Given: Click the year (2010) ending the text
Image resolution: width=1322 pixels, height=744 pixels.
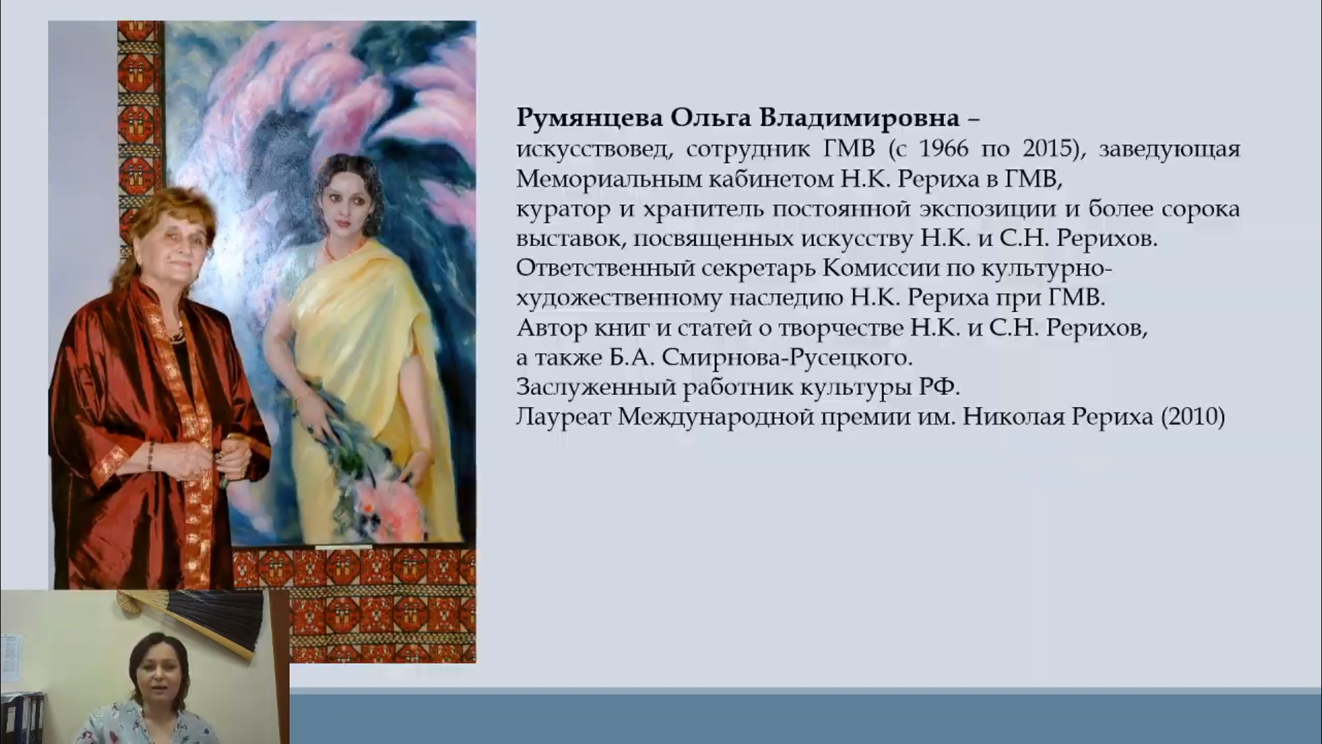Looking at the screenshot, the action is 1193,417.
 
